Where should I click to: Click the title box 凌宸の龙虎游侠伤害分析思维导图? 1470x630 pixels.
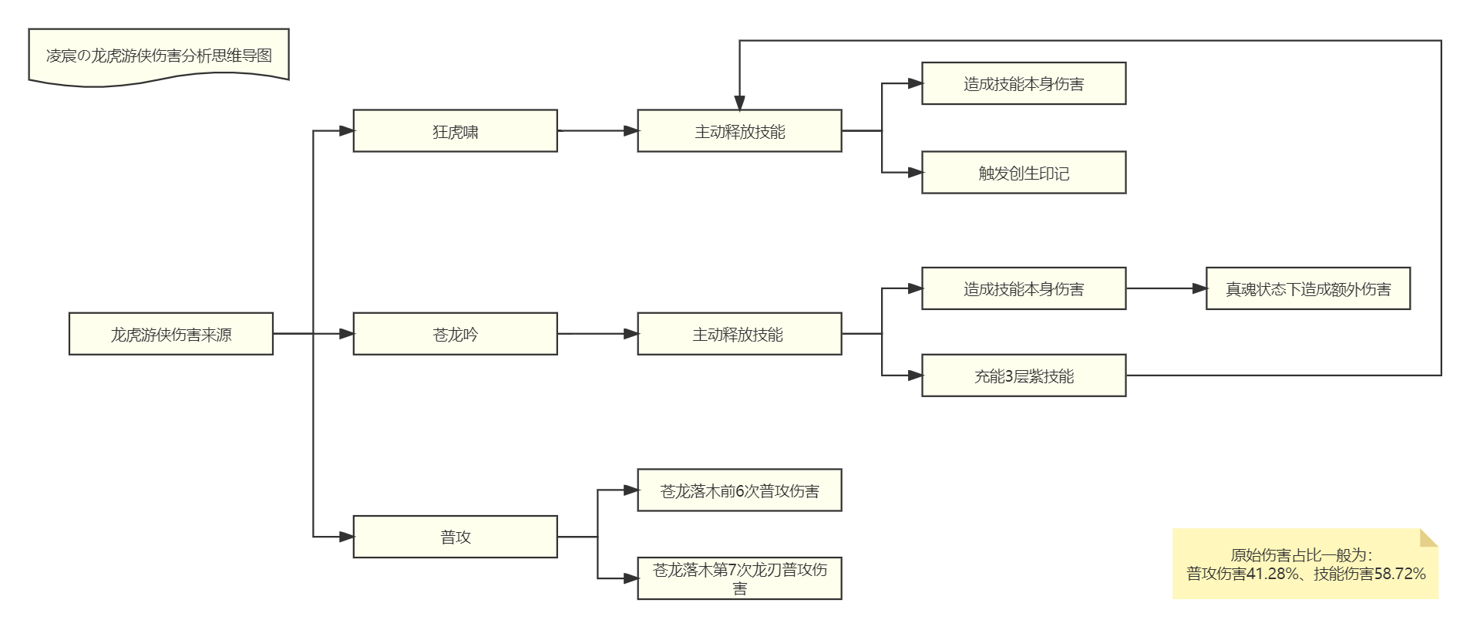pyautogui.click(x=159, y=56)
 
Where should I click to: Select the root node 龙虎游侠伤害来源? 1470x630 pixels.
pyautogui.click(x=171, y=334)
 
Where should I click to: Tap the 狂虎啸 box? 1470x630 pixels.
pyautogui.click(x=455, y=131)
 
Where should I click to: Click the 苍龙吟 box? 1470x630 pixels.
pyautogui.click(x=455, y=334)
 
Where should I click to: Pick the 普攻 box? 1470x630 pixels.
pyautogui.click(x=455, y=537)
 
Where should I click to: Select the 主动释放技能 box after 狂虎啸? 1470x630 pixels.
pyautogui.click(x=739, y=131)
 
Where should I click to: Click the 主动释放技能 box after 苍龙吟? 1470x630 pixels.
pyautogui.click(x=739, y=334)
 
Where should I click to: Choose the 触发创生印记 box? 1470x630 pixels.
pyautogui.click(x=1024, y=173)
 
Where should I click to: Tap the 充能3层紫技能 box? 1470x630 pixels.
pyautogui.click(x=1024, y=376)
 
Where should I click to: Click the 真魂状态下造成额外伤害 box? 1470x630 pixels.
pyautogui.click(x=1307, y=288)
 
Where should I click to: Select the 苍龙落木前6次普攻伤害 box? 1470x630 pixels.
pyautogui.click(x=739, y=490)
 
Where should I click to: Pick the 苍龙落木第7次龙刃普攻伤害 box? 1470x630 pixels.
pyautogui.click(x=739, y=578)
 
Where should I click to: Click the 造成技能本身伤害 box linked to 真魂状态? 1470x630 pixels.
pyautogui.click(x=1024, y=288)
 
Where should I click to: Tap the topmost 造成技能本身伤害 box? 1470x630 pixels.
pyautogui.click(x=1024, y=83)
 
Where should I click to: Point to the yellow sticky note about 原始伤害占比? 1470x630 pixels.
pyautogui.click(x=1305, y=564)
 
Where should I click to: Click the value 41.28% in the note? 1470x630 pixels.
pyautogui.click(x=1272, y=574)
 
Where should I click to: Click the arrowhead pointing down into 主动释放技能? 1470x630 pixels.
pyautogui.click(x=739, y=103)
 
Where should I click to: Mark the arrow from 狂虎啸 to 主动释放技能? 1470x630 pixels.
pyautogui.click(x=597, y=131)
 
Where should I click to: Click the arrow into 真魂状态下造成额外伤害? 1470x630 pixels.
pyautogui.click(x=1166, y=288)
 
